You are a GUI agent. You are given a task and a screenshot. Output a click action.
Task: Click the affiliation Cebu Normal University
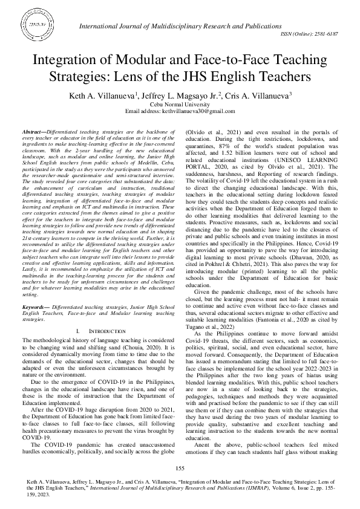tap(180, 104)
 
